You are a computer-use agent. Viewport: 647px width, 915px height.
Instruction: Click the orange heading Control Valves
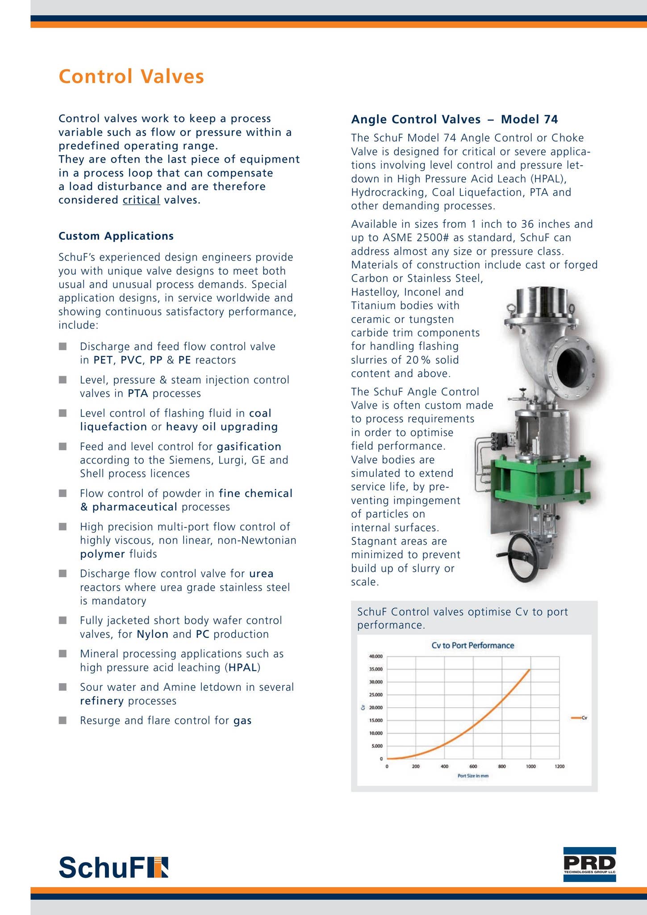point(131,76)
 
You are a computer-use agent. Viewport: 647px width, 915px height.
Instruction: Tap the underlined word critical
point(141,200)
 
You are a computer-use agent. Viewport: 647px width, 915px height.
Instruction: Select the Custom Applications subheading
point(116,236)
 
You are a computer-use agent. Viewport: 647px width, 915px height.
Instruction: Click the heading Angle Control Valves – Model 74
point(455,119)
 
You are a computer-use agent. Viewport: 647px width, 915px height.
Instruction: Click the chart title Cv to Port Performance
point(472,645)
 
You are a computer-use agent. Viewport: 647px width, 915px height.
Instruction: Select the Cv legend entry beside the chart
point(580,718)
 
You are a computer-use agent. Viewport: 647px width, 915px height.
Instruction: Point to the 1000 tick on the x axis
point(530,767)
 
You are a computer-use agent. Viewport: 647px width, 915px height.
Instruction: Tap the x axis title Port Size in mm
point(473,776)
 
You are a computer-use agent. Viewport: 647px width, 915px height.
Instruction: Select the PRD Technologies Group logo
point(589,865)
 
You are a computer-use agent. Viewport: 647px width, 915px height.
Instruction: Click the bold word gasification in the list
point(249,446)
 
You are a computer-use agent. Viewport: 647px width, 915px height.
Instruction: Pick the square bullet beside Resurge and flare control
point(63,720)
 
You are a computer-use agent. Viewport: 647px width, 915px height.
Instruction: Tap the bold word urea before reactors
point(261,573)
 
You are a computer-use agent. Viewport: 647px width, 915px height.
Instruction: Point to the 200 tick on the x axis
point(415,767)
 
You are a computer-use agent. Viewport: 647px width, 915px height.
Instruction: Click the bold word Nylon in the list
point(152,634)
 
